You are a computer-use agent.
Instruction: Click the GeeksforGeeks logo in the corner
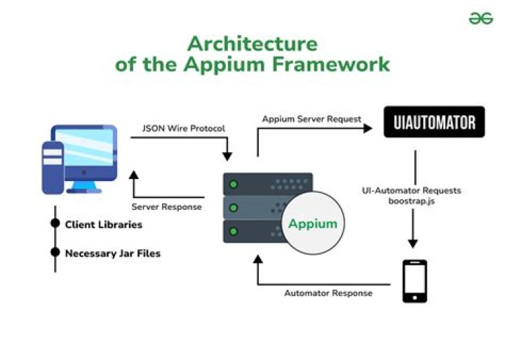click(481, 18)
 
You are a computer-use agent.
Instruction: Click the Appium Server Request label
click(311, 119)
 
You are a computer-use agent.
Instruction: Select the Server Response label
click(167, 207)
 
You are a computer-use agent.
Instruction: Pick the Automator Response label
click(328, 293)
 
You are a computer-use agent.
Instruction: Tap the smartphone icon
click(415, 281)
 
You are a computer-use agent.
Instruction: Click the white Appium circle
click(314, 225)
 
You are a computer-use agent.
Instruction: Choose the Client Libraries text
click(104, 225)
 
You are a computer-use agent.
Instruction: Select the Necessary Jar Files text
click(112, 253)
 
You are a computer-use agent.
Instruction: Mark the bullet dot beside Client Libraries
click(55, 224)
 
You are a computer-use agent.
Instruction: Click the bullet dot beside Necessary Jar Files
click(55, 253)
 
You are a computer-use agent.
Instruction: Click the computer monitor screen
click(85, 151)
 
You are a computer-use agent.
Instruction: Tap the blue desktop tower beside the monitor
click(53, 167)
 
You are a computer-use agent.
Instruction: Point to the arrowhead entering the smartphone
click(413, 243)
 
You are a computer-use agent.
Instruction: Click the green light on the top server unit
click(234, 185)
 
